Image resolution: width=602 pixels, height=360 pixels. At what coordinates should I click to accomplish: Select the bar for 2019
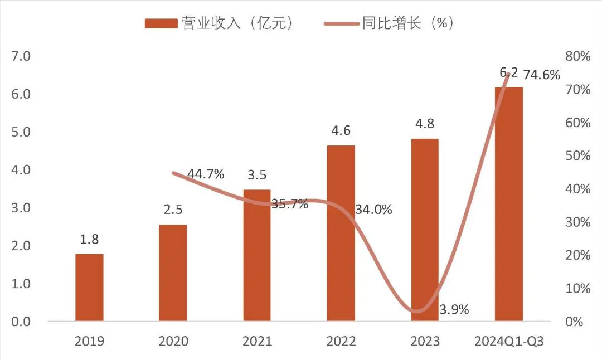89,288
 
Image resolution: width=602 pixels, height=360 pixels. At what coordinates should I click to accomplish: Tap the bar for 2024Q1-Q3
509,204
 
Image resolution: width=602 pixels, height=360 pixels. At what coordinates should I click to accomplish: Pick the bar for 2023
425,230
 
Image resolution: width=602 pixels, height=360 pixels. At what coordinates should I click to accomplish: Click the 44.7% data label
206,174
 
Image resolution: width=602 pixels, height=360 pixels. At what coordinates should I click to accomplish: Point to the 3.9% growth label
454,309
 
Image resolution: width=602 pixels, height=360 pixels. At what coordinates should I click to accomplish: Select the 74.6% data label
541,75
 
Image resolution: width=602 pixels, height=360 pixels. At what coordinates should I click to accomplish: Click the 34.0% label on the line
373,210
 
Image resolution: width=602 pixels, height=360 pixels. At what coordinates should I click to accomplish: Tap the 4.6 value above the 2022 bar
341,131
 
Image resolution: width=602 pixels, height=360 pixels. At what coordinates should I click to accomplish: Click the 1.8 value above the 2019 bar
89,240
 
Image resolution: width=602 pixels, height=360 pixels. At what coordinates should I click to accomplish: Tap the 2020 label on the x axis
173,341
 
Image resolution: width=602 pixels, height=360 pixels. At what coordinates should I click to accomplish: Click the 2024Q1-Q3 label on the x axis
508,341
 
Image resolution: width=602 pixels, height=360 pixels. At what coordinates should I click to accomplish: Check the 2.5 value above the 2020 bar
173,210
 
